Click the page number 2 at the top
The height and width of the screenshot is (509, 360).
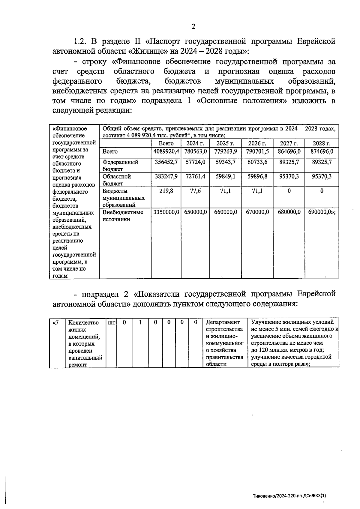pyautogui.click(x=193, y=27)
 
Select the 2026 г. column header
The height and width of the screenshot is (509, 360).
pyautogui.click(x=257, y=143)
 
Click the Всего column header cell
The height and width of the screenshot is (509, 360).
pyautogui.click(x=166, y=143)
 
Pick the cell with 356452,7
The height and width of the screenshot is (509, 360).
pyautogui.click(x=166, y=162)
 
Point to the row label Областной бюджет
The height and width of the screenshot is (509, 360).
pyautogui.click(x=116, y=180)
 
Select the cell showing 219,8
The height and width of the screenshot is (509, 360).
pyautogui.click(x=166, y=191)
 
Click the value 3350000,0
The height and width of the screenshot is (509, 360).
pyautogui.click(x=166, y=212)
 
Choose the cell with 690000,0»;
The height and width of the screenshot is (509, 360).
pyautogui.click(x=322, y=212)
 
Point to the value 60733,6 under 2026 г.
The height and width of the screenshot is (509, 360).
pyautogui.click(x=257, y=162)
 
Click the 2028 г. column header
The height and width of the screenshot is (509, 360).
pyautogui.click(x=322, y=143)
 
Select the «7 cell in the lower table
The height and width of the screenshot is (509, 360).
pyautogui.click(x=55, y=323)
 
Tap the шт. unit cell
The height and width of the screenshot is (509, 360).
pyautogui.click(x=111, y=323)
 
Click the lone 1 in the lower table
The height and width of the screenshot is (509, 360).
pyautogui.click(x=140, y=323)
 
